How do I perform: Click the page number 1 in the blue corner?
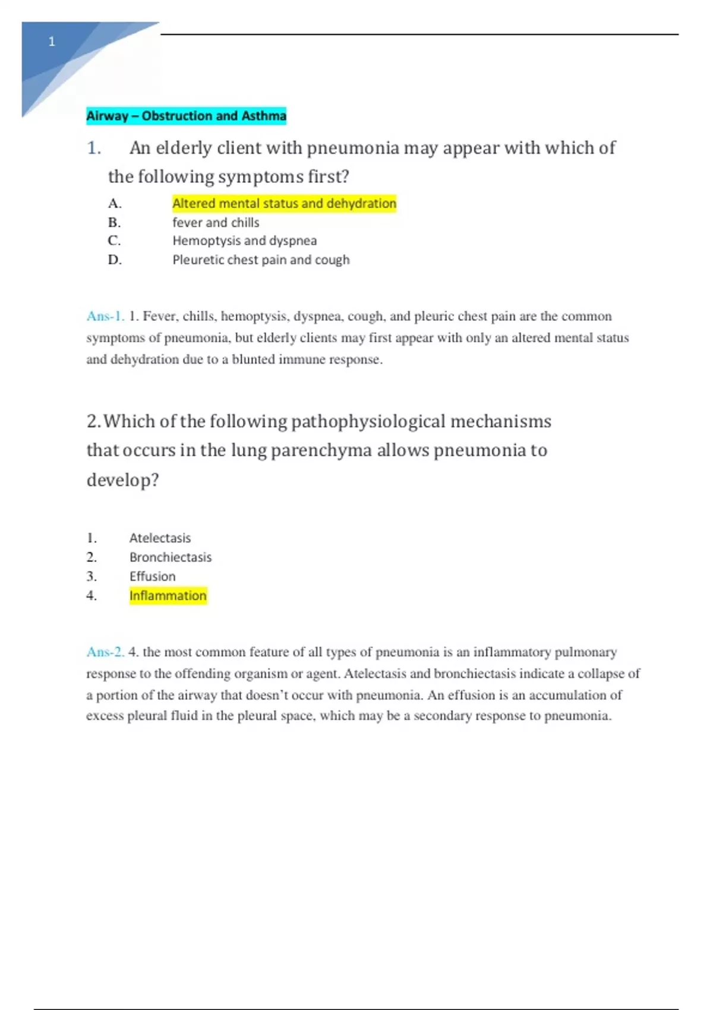52,42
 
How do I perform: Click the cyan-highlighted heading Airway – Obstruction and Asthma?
186,116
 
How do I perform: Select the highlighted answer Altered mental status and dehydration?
284,204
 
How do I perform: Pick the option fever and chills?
216,223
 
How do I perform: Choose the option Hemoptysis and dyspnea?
244,241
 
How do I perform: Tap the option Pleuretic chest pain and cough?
261,260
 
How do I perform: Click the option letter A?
115,204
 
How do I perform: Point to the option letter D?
115,260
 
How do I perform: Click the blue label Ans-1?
105,316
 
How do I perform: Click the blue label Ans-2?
105,652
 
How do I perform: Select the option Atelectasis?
160,538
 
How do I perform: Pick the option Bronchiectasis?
171,557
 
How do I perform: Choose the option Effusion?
153,576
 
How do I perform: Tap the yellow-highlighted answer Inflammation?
168,595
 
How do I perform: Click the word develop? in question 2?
123,479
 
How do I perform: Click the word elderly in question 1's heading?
184,148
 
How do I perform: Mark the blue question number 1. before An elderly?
94,148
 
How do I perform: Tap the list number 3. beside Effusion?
92,576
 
